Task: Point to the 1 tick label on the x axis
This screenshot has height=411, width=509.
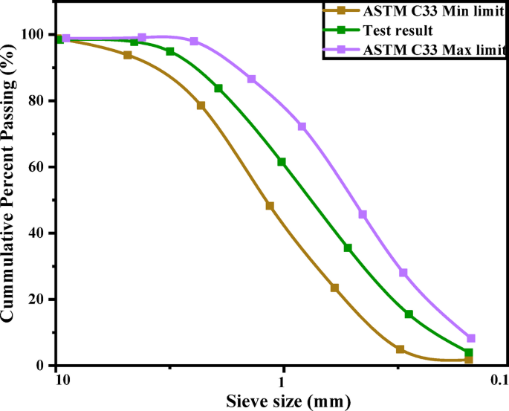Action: [x=282, y=381]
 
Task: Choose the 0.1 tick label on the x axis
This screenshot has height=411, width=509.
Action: [x=499, y=381]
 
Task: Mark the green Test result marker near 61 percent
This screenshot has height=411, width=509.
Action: [x=282, y=162]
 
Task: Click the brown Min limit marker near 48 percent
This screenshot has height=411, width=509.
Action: [x=270, y=206]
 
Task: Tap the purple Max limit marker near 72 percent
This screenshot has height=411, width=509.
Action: [x=302, y=126]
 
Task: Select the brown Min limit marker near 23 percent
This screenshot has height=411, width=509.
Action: [x=334, y=288]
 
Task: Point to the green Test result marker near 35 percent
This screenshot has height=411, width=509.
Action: [x=348, y=247]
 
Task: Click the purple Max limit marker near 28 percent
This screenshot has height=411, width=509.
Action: [x=403, y=273]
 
